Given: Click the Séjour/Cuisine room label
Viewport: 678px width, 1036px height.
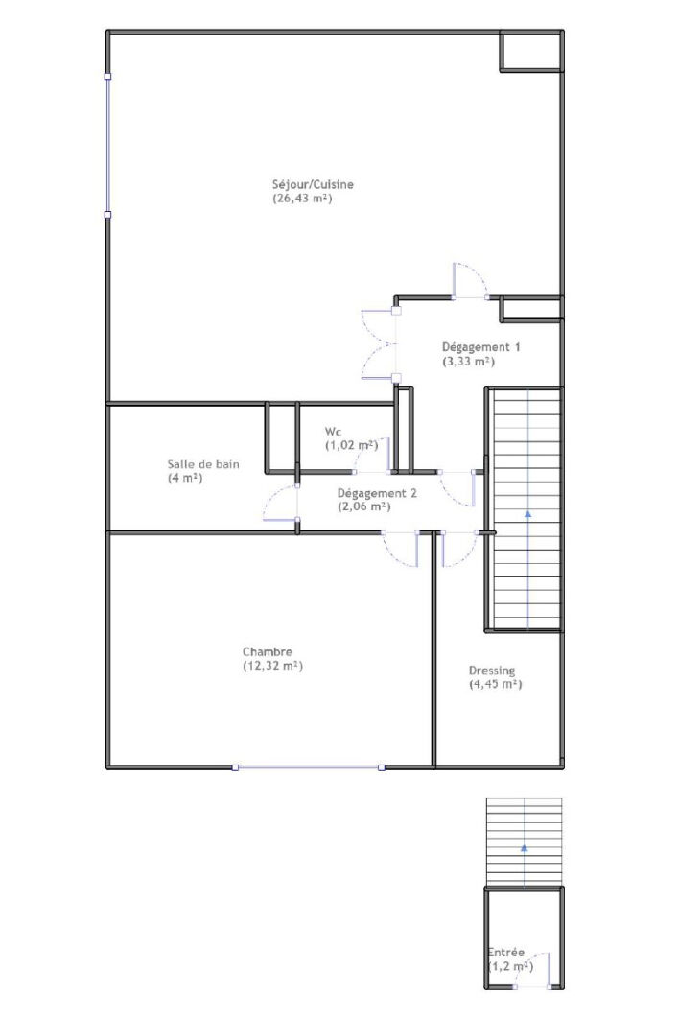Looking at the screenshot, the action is click(313, 184).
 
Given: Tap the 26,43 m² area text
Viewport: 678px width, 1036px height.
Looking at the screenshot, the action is click(302, 199).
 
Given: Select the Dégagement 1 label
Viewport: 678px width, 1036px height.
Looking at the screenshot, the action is click(481, 347).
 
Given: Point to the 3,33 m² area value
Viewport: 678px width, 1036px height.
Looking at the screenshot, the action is click(469, 362).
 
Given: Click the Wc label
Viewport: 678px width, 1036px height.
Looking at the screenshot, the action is click(333, 432).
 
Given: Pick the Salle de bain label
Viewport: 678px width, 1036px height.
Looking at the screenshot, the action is click(203, 464).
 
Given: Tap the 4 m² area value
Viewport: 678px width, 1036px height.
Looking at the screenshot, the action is click(185, 478).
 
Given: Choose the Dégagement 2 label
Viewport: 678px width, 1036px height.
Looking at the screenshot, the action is click(377, 493).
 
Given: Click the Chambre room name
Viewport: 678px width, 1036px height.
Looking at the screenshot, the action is click(267, 652).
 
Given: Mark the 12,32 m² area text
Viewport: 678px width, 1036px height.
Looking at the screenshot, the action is click(273, 666).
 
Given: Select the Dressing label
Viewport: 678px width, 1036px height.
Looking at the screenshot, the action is click(492, 671).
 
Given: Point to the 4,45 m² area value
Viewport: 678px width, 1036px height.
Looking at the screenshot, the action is click(496, 685).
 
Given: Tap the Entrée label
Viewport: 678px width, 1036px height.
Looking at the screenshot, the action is click(506, 953).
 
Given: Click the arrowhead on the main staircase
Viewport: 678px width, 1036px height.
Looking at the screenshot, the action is click(528, 512).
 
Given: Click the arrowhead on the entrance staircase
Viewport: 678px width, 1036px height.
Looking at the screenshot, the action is click(524, 846).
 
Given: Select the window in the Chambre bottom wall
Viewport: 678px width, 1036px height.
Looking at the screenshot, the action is click(308, 767).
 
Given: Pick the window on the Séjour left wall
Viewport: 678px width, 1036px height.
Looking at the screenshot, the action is click(107, 146).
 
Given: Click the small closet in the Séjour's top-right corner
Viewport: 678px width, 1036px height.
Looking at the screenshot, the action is click(531, 51).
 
